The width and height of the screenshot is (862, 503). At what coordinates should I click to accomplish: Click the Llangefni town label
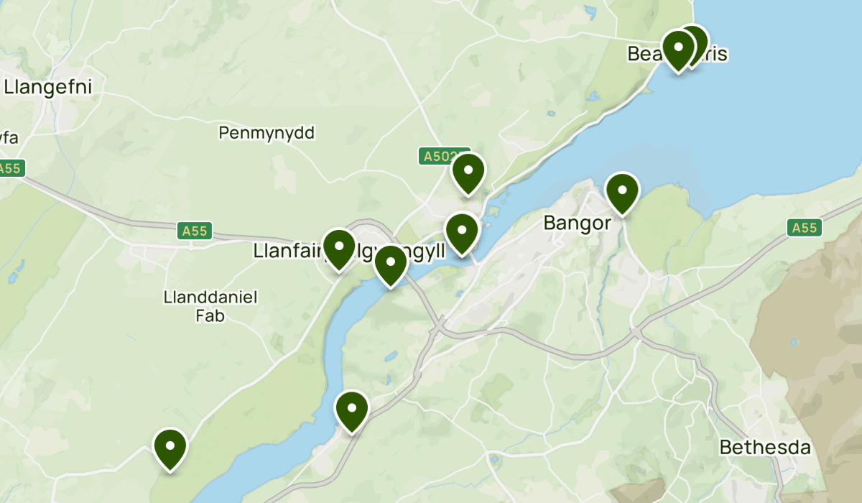tap(48, 87)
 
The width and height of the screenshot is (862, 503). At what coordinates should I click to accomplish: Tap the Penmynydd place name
tap(267, 133)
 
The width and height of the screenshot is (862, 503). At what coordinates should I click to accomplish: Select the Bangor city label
tap(577, 223)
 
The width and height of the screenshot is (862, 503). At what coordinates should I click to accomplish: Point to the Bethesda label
tap(765, 448)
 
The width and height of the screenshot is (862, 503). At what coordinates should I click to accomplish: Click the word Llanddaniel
tap(210, 297)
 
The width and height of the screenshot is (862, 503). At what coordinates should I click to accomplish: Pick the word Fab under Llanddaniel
tap(210, 315)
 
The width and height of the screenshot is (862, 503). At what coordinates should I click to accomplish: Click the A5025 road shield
tap(438, 156)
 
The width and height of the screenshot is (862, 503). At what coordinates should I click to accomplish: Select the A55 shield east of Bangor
tap(804, 228)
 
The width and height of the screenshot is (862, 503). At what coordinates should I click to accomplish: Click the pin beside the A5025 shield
tap(468, 172)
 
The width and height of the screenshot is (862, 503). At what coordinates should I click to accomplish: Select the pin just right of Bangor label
tap(622, 191)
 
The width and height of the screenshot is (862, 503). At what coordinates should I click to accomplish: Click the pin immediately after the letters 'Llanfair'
tap(339, 247)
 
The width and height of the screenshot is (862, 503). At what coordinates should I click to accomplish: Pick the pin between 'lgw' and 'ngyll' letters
tap(390, 264)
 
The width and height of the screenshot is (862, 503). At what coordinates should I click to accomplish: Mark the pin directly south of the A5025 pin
tap(462, 232)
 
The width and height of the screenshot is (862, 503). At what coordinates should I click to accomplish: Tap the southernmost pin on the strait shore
tap(352, 410)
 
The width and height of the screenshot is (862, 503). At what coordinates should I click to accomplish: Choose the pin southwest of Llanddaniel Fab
tap(170, 447)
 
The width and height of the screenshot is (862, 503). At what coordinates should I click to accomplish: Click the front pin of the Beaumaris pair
tap(678, 49)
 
